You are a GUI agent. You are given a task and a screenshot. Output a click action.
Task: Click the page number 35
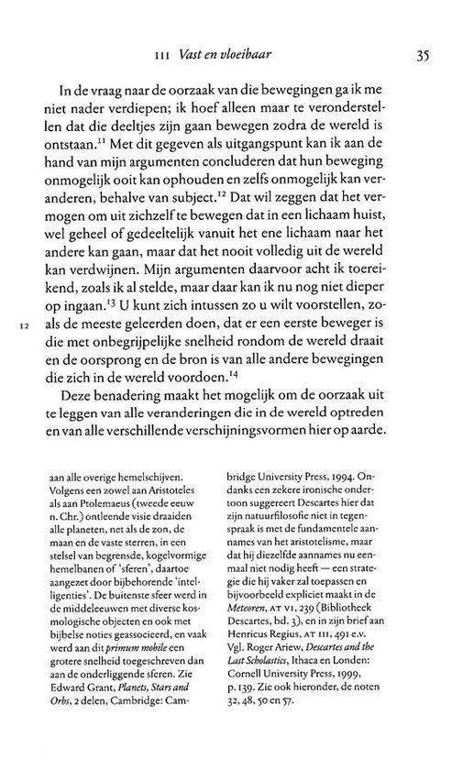point(423,54)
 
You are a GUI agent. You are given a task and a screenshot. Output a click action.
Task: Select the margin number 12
point(25,325)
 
